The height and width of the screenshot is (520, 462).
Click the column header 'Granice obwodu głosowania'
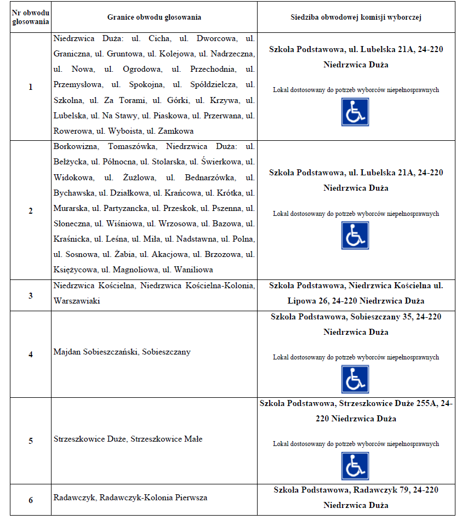coord(154,17)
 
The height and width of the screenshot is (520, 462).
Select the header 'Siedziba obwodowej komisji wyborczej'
coord(356,17)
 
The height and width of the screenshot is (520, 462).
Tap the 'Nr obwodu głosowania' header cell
coord(31,17)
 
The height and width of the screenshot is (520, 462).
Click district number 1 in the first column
coord(31,87)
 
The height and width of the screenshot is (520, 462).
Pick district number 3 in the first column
coord(31,295)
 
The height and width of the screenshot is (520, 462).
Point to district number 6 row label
coord(31,500)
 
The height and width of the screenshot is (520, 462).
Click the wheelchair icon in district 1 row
coord(355,112)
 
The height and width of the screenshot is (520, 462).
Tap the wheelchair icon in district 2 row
coord(355,236)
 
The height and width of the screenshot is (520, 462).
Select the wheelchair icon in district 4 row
coord(355,379)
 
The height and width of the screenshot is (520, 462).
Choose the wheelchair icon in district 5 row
coord(355,466)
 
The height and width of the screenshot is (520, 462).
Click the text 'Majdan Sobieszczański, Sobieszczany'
coord(122,352)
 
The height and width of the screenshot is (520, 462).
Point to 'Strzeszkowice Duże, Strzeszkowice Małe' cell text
coord(128,439)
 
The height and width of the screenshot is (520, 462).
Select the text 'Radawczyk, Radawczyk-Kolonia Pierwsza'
coord(130,498)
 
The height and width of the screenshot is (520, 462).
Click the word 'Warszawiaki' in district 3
coord(77,301)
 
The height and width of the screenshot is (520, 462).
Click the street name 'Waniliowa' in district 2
coord(195,270)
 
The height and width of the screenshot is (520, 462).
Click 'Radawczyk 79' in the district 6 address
coord(375,490)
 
